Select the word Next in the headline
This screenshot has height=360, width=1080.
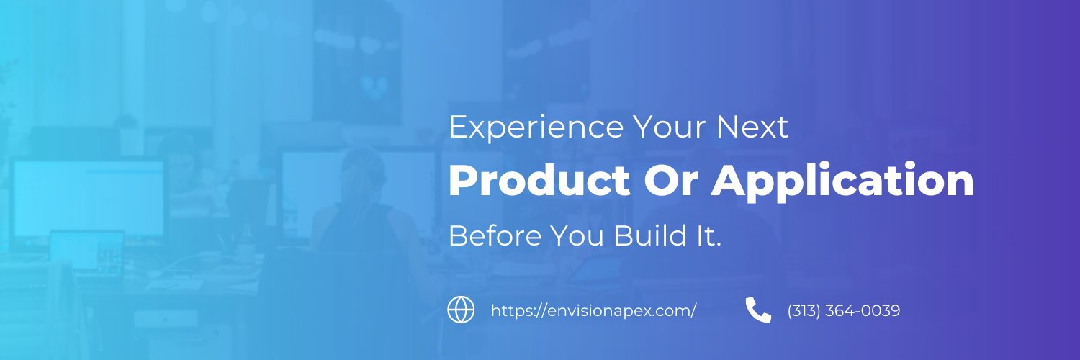click(753, 128)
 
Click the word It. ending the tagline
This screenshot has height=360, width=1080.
click(707, 235)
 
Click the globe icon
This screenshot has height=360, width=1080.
click(461, 310)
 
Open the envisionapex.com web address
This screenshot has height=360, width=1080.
click(593, 311)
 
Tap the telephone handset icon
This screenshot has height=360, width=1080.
click(758, 310)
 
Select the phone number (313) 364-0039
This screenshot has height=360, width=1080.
click(844, 311)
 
